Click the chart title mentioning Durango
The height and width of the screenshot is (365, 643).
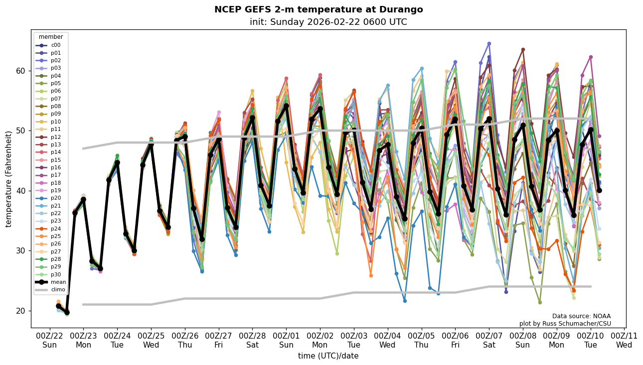pyautogui.click(x=319, y=9)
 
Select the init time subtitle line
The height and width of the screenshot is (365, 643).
pyautogui.click(x=328, y=22)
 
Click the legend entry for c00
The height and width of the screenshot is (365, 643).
pyautogui.click(x=55, y=45)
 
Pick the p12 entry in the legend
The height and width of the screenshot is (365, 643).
pyautogui.click(x=55, y=137)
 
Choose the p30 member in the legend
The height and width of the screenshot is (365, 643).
pyautogui.click(x=55, y=274)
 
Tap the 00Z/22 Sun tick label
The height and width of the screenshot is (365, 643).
pyautogui.click(x=49, y=341)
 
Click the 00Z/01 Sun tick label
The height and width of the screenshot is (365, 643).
pyautogui.click(x=286, y=341)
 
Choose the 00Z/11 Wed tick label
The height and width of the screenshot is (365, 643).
pyautogui.click(x=624, y=341)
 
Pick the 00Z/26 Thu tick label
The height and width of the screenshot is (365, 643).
pyautogui.click(x=185, y=341)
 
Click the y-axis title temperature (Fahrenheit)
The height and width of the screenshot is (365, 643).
pyautogui.click(x=9, y=179)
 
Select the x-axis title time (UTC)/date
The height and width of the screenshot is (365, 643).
pyautogui.click(x=328, y=356)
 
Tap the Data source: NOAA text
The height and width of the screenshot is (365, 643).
pyautogui.click(x=581, y=316)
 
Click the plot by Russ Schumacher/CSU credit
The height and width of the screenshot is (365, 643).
pyautogui.click(x=565, y=324)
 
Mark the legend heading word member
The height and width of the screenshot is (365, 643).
pyautogui.click(x=51, y=37)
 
